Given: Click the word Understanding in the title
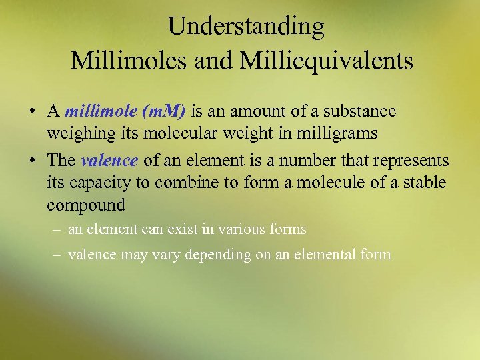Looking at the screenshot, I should point(246,27).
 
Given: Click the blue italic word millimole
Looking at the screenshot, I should point(98,111).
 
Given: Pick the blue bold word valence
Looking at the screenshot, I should point(109,161).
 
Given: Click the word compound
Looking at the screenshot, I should point(86,205).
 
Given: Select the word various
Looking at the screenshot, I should point(237,230).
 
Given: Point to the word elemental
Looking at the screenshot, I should point(331,255).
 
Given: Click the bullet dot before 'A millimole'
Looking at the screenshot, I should point(33,111).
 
